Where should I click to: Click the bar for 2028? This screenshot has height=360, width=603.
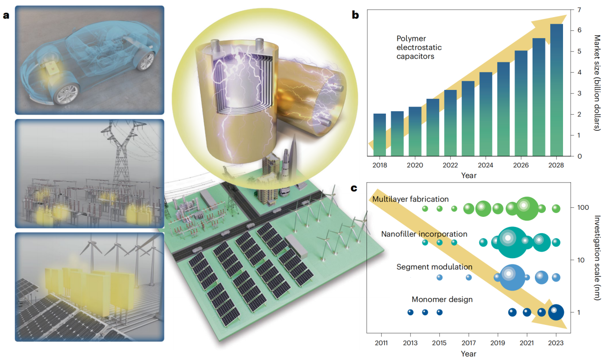coord(556,90)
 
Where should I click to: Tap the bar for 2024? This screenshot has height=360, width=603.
coord(485,114)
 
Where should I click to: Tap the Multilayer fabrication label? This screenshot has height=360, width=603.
coord(411,199)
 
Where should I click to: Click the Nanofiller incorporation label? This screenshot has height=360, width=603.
coord(424,234)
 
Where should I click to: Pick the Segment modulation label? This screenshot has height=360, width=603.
coord(434,267)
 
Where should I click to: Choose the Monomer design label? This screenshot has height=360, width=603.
coord(442,299)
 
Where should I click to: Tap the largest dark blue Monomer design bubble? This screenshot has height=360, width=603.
coord(556,312)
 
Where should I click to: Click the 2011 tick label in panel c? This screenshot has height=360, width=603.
coord(381,342)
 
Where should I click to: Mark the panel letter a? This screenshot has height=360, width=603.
coord(6,15)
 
